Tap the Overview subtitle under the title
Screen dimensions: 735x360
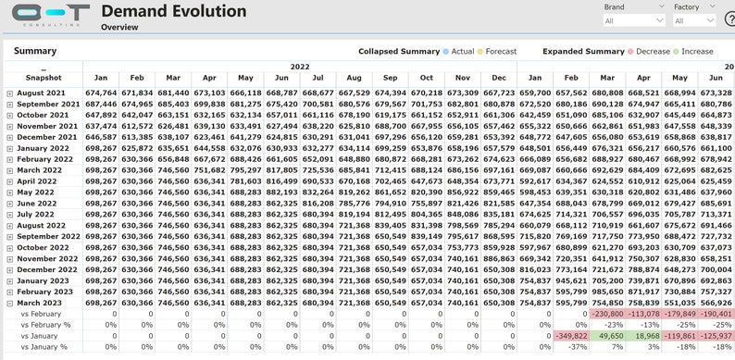tap(119, 28)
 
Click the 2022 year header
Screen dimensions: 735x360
tap(299, 67)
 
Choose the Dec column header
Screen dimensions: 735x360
tap(499, 79)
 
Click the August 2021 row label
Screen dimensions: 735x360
tap(44, 93)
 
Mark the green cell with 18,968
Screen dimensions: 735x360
tap(648, 336)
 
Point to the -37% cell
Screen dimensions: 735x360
tap(570, 347)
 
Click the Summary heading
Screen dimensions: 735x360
tap(34, 51)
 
